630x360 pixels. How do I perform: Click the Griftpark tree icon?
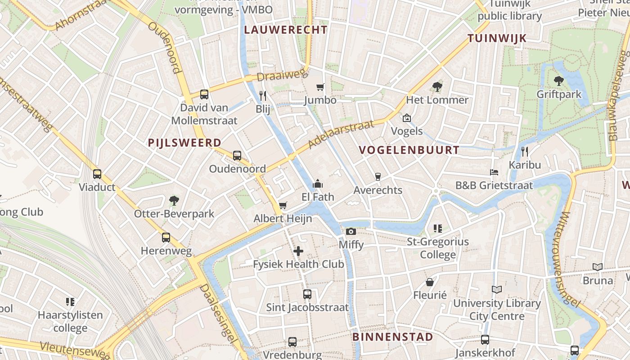pyautogui.click(x=558, y=81)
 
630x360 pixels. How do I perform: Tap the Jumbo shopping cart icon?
pyautogui.click(x=320, y=87)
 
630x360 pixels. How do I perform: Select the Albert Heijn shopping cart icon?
pyautogui.click(x=283, y=206)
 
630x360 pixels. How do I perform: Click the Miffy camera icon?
pyautogui.click(x=351, y=231)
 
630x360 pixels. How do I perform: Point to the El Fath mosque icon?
pyautogui.click(x=318, y=184)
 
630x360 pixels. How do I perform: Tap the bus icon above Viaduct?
pyautogui.click(x=97, y=174)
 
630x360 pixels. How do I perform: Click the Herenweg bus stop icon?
pyautogui.click(x=166, y=237)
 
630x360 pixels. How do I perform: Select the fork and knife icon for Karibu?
pyautogui.click(x=524, y=152)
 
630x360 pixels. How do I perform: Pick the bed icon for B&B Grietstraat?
pyautogui.click(x=494, y=172)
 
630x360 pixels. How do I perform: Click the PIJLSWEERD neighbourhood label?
pyautogui.click(x=184, y=143)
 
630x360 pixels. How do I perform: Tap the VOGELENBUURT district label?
pyautogui.click(x=409, y=150)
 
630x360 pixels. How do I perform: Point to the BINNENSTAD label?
pyautogui.click(x=392, y=337)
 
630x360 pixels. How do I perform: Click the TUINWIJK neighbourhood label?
pyautogui.click(x=497, y=38)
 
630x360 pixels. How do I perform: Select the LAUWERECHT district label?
pyautogui.click(x=285, y=30)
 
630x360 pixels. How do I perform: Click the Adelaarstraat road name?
pyautogui.click(x=342, y=135)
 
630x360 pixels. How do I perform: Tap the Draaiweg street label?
pyautogui.click(x=282, y=76)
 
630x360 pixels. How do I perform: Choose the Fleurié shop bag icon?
pyautogui.click(x=430, y=282)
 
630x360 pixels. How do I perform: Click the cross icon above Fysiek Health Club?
pyautogui.click(x=298, y=251)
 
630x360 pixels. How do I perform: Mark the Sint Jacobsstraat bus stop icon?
pyautogui.click(x=307, y=294)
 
